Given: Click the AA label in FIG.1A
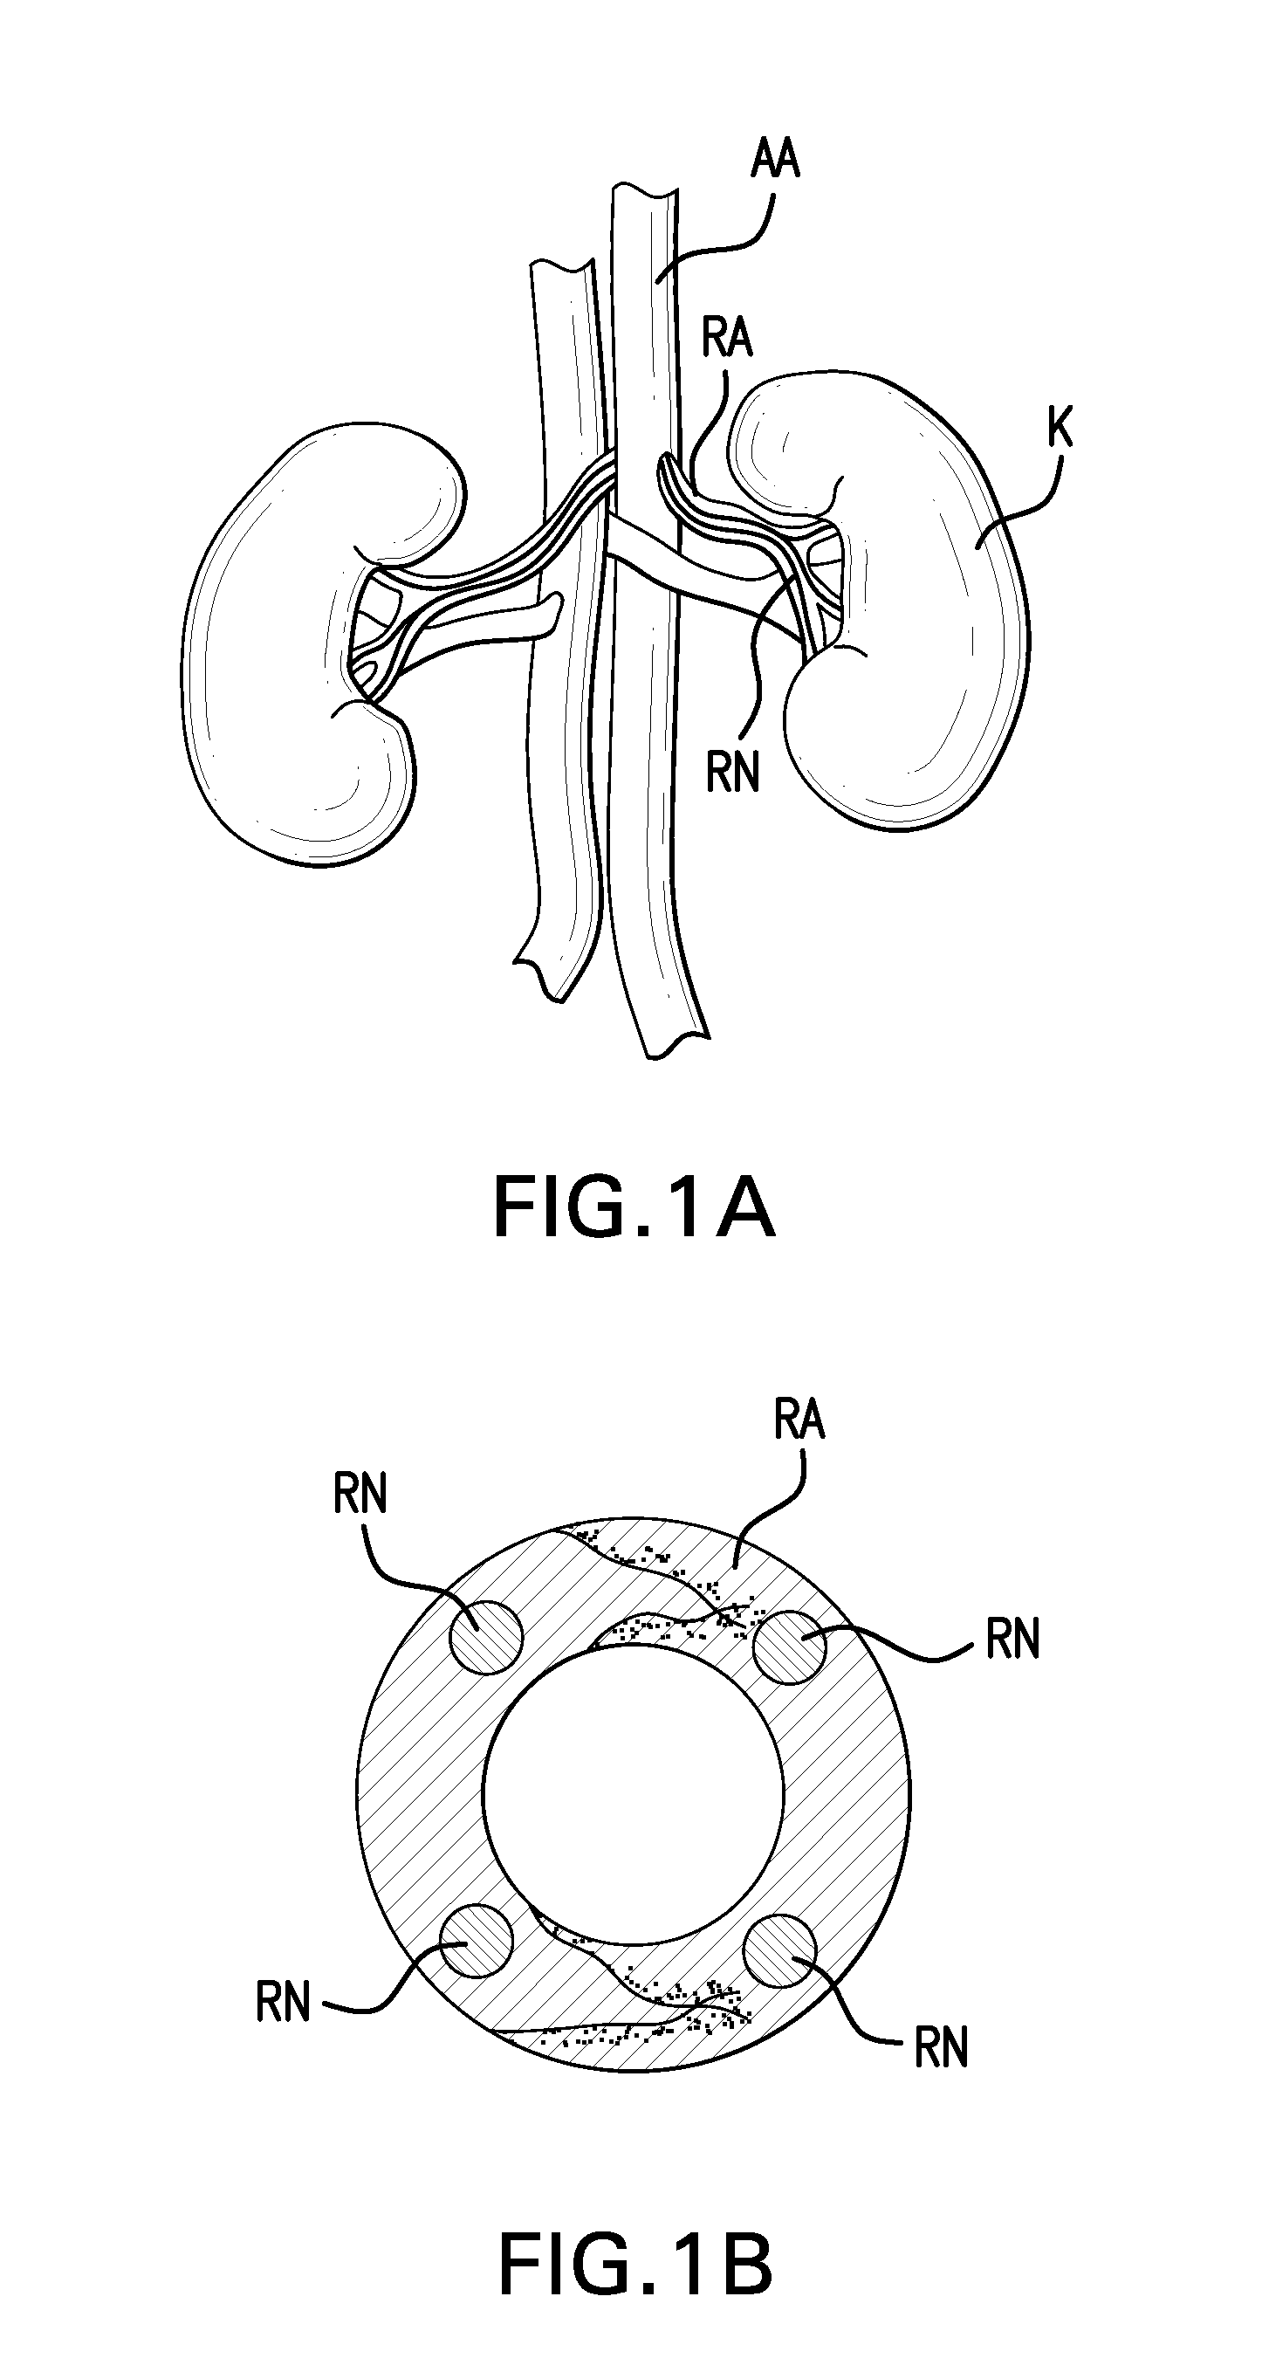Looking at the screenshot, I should tap(774, 159).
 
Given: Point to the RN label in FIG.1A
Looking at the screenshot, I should tap(732, 771).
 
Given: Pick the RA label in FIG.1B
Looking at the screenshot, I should tap(799, 1420).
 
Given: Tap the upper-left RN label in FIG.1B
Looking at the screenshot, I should tap(360, 1494).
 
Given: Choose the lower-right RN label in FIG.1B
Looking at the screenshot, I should tap(941, 2047).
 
